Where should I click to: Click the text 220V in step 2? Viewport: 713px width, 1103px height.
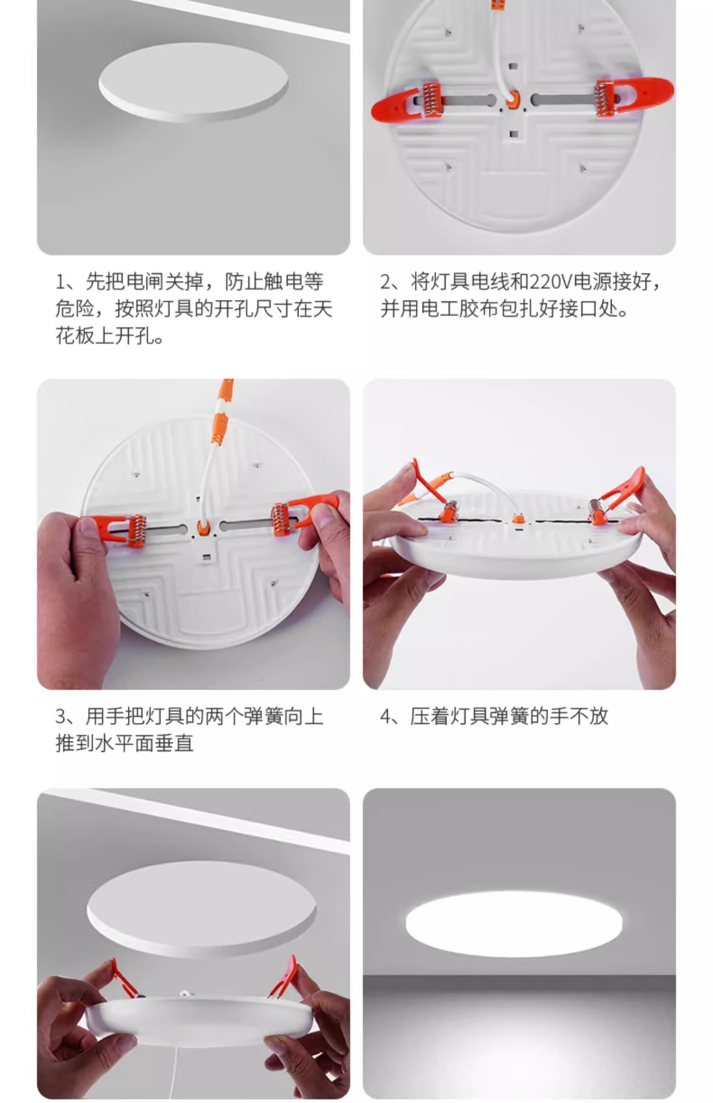tap(550, 282)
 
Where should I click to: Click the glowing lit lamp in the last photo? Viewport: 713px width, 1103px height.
tap(514, 923)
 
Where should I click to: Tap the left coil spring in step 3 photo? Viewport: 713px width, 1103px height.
tap(135, 531)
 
